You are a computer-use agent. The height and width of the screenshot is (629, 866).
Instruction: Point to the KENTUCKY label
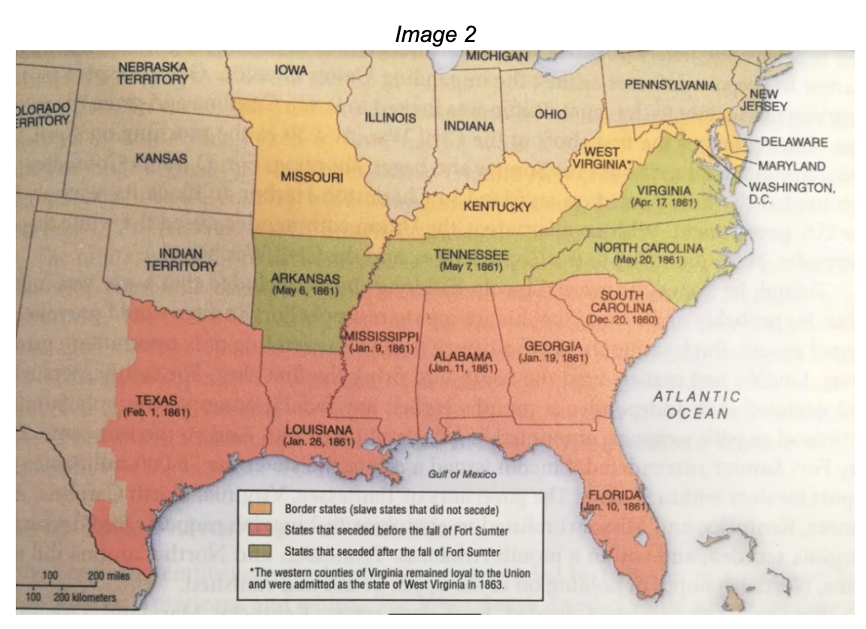497,206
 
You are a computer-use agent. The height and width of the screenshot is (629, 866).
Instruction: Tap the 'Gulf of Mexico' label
459,474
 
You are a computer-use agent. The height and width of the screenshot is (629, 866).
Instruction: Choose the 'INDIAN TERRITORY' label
185,259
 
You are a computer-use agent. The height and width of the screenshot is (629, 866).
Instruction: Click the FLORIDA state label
615,495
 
